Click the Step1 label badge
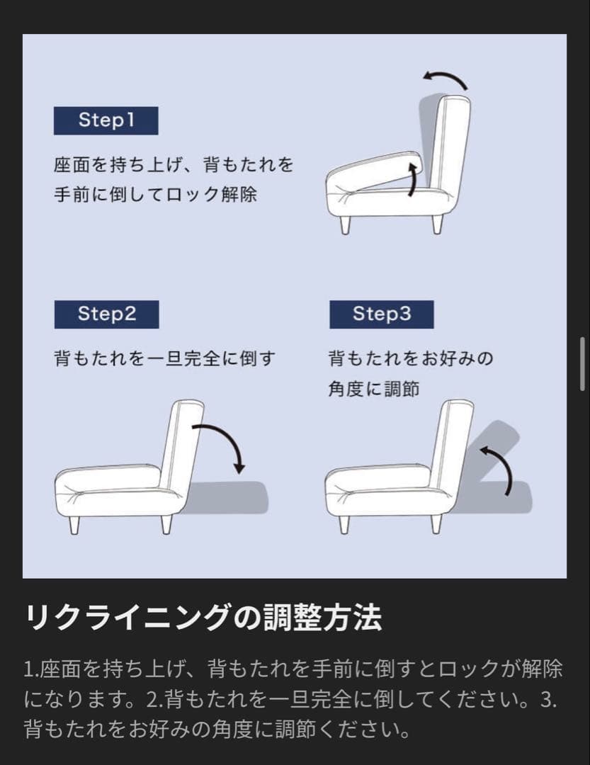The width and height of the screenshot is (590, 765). [106, 120]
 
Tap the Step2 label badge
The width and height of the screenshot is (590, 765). [106, 314]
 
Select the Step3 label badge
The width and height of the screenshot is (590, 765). [381, 314]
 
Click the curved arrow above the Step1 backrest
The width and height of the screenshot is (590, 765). [446, 79]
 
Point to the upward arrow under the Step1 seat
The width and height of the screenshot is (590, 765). [412, 178]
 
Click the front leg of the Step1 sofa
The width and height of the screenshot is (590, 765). [345, 225]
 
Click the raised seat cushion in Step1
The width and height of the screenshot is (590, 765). [375, 174]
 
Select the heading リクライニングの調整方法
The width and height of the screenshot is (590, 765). [204, 618]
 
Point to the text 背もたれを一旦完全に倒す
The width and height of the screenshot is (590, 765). [164, 358]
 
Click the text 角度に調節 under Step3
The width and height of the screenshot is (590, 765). [374, 389]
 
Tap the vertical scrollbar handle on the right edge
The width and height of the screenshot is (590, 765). [582, 363]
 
